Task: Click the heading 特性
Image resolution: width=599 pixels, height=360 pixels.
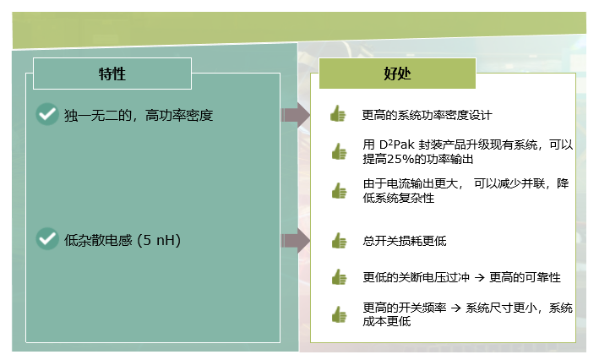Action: pyautogui.click(x=112, y=74)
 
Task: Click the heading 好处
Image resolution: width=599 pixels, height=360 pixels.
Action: pyautogui.click(x=397, y=74)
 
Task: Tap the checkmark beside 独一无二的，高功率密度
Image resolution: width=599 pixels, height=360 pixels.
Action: pyautogui.click(x=47, y=114)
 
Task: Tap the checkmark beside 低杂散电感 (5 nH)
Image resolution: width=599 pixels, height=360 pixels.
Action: pyautogui.click(x=47, y=239)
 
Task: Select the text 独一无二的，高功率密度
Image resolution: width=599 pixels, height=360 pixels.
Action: pyautogui.click(x=139, y=115)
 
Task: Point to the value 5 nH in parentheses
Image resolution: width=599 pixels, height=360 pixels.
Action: pyautogui.click(x=159, y=240)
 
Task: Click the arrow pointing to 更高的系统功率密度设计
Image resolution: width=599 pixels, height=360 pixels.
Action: pyautogui.click(x=296, y=115)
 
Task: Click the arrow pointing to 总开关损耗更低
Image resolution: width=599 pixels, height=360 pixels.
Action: pyautogui.click(x=296, y=241)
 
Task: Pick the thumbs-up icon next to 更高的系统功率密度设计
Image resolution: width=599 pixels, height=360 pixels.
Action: pyautogui.click(x=338, y=113)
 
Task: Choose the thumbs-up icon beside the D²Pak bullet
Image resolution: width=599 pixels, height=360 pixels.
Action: pyautogui.click(x=340, y=151)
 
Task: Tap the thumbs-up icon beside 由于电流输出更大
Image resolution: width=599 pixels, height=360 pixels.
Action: pyautogui.click(x=340, y=190)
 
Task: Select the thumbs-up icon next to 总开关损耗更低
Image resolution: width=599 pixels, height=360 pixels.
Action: pyautogui.click(x=340, y=240)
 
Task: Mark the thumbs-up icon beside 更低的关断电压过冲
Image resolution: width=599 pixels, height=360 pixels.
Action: pyautogui.click(x=340, y=276)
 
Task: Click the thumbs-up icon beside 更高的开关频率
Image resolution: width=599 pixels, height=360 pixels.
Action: pyautogui.click(x=340, y=314)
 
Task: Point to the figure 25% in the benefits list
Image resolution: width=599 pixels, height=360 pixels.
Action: pyautogui.click(x=402, y=159)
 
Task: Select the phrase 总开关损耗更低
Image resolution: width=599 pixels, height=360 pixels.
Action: pyautogui.click(x=405, y=241)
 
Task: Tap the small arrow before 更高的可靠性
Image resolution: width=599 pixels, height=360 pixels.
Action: pyautogui.click(x=479, y=277)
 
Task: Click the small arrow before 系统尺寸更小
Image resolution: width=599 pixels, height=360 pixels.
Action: pyautogui.click(x=455, y=308)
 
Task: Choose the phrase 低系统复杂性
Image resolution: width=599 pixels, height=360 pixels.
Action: pyautogui.click(x=399, y=198)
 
